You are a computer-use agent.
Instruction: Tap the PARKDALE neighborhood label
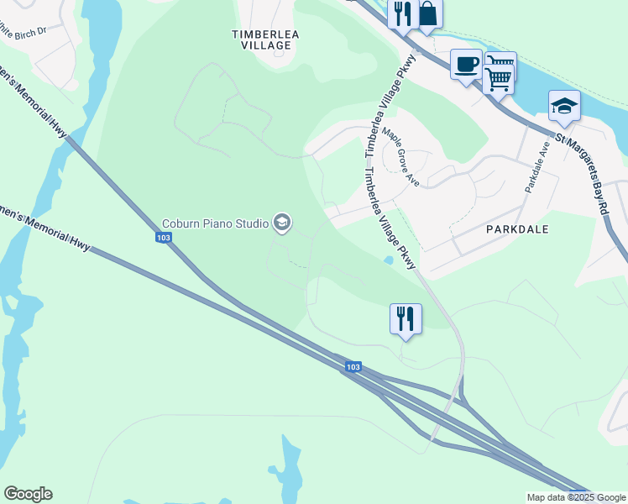(517, 228)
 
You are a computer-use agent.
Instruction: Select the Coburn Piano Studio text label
(214, 223)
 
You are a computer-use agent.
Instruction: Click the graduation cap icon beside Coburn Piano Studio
(282, 223)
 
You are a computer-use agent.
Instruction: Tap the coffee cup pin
(466, 64)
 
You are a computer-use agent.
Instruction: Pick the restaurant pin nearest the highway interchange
(406, 318)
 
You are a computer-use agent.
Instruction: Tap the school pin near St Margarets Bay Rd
(564, 107)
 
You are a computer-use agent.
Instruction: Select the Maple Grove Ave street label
(400, 156)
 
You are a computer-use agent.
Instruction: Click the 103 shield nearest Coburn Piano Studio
(165, 238)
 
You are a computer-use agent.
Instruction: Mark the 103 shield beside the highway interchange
(353, 367)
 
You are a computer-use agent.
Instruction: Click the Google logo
(28, 494)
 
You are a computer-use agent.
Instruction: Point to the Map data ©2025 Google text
(576, 497)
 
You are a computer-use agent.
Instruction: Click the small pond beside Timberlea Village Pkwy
(387, 260)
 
